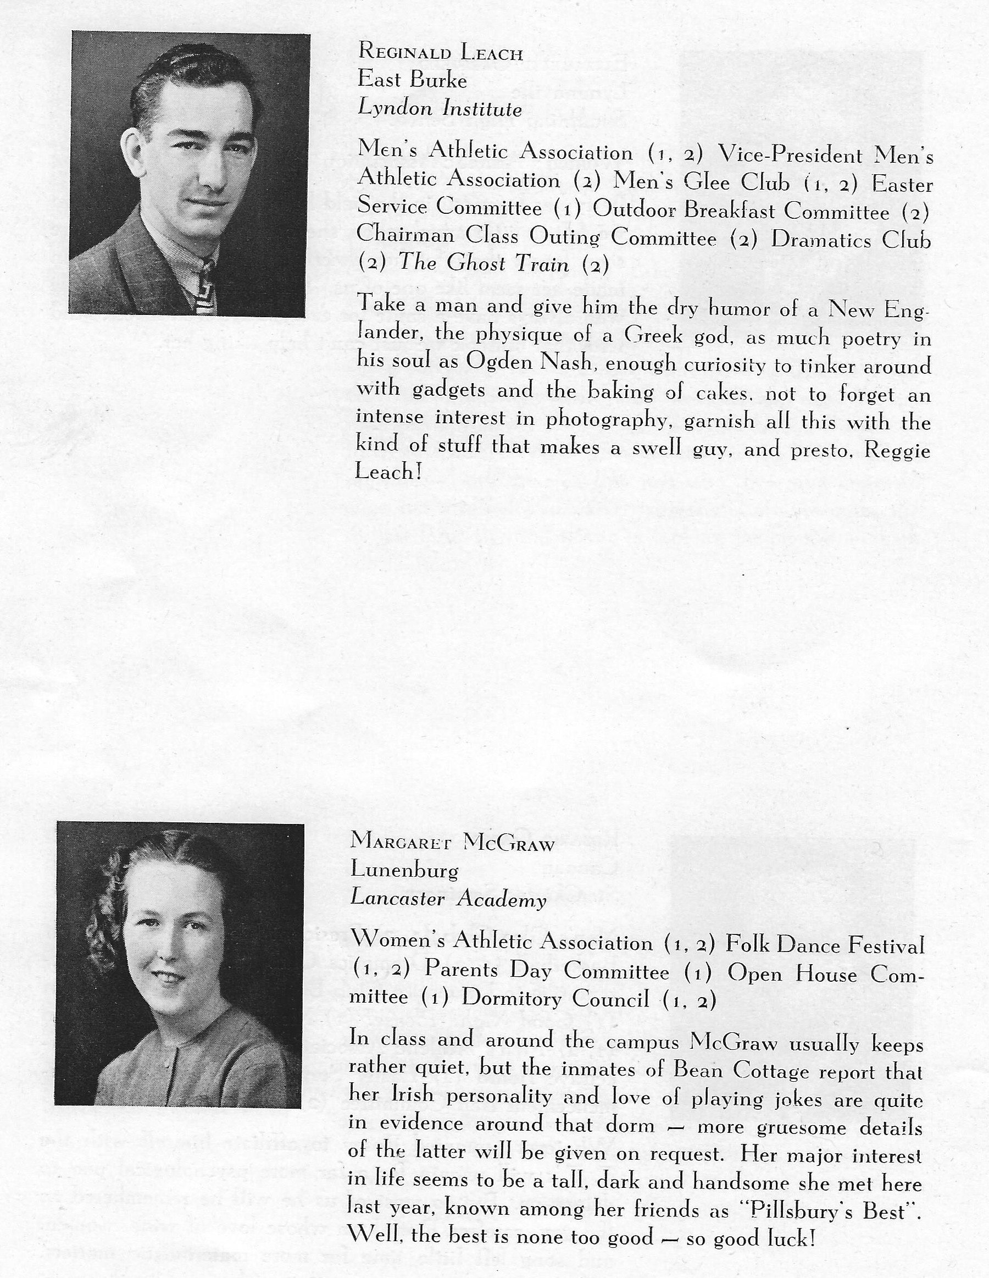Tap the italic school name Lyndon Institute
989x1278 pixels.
pyautogui.click(x=440, y=108)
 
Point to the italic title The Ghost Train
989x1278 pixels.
pyautogui.click(x=484, y=263)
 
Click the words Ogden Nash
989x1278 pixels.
pyautogui.click(x=532, y=363)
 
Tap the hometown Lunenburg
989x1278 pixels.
pyautogui.click(x=404, y=870)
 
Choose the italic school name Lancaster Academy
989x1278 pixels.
pyautogui.click(x=448, y=899)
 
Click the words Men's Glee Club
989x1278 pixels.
pyautogui.click(x=701, y=182)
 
